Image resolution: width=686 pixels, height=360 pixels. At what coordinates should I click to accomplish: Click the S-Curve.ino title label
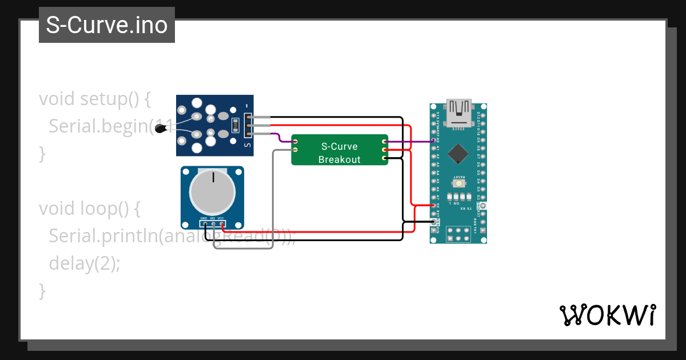point(107,25)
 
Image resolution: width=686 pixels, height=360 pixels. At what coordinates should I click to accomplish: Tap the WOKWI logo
point(607,315)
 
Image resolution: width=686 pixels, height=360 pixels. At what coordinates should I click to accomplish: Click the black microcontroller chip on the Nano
point(458,153)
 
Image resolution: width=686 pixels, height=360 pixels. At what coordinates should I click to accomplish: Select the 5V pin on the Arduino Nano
point(433,205)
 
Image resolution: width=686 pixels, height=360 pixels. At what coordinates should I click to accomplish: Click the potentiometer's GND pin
point(204,223)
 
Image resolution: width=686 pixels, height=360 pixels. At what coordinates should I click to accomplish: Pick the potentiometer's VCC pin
point(221,223)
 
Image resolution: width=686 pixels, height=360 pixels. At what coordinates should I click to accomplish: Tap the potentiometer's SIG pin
point(213,223)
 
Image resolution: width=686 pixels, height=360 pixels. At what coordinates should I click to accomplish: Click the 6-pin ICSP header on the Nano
point(458,233)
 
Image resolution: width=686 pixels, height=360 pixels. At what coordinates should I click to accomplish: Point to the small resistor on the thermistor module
point(234,126)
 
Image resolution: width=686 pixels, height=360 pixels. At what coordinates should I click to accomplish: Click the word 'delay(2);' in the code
point(85,263)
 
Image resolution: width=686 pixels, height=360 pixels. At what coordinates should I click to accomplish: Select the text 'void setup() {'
point(94,99)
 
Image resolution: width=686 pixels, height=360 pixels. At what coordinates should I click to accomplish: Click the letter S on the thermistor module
point(247,145)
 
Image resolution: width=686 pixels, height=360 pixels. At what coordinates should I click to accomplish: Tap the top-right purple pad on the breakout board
point(385,141)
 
